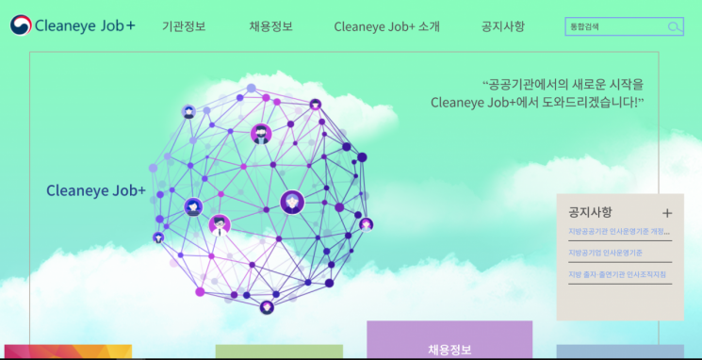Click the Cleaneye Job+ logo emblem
coord(20,25)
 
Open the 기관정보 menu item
coord(184,26)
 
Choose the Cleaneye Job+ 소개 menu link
coord(386,26)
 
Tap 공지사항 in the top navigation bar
coord(502,26)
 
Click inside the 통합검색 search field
coord(615,26)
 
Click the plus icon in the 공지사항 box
coord(667,213)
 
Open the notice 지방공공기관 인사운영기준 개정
coord(618,231)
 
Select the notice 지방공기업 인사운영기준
coord(604,253)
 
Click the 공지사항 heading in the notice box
coord(590,212)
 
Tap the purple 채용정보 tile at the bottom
coord(449,346)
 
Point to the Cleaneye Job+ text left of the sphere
coord(96,190)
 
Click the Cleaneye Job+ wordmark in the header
coord(84,25)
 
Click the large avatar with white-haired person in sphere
coord(293,201)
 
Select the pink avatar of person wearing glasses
coord(220,224)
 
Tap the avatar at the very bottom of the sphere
coord(267,307)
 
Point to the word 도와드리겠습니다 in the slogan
coord(594,102)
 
